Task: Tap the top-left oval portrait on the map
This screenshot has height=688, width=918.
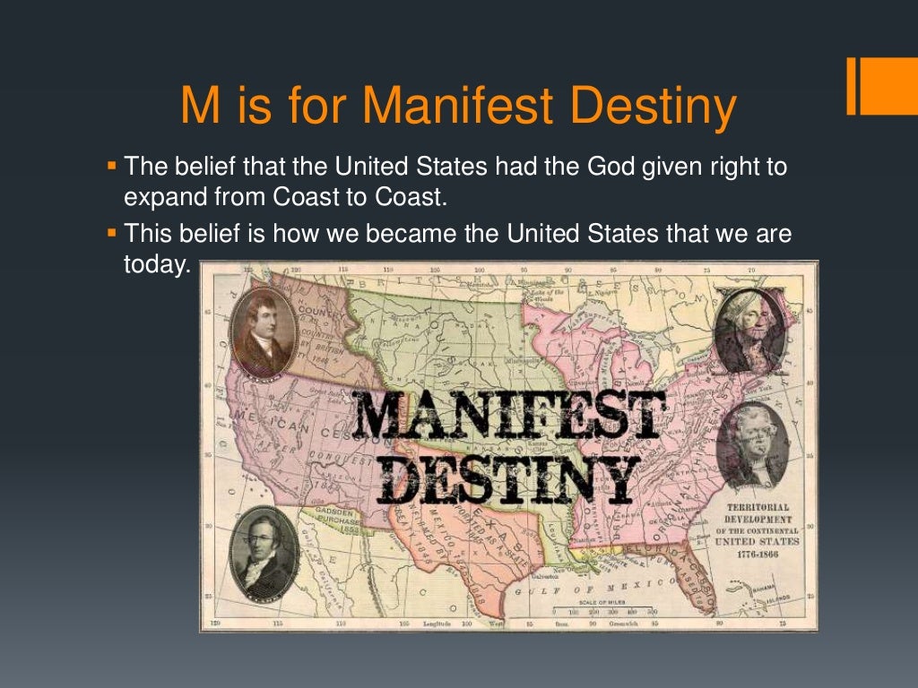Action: pyautogui.click(x=264, y=331)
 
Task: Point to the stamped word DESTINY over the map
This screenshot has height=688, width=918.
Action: pyautogui.click(x=508, y=479)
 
